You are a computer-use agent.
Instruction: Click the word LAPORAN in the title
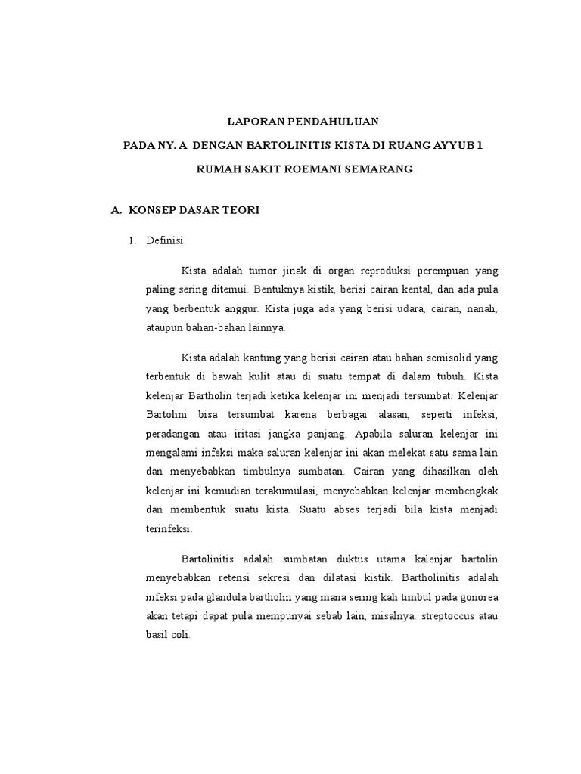coord(254,121)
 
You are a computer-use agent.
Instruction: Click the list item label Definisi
coord(164,241)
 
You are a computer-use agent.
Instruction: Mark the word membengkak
coord(464,491)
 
